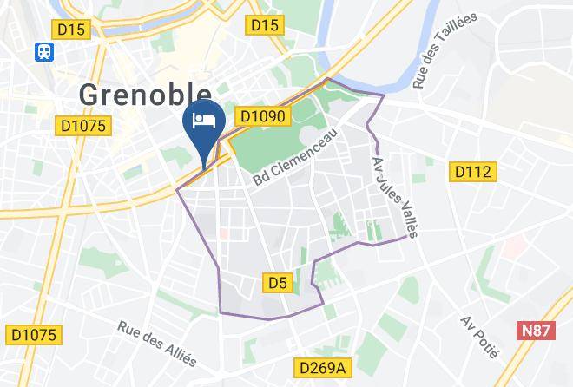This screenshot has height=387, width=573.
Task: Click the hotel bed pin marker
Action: pyautogui.click(x=205, y=121)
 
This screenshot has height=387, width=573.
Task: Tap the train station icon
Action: pyautogui.click(x=43, y=52)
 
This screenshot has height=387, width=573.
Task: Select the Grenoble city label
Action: pyautogui.click(x=145, y=94)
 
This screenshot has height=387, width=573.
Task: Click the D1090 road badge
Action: pyautogui.click(x=261, y=115)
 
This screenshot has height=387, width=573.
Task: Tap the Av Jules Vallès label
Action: pyautogui.click(x=395, y=196)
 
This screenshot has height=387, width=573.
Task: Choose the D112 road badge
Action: pyautogui.click(x=474, y=172)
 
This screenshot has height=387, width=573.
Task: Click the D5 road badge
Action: pyautogui.click(x=276, y=283)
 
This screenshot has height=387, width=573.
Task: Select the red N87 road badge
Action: pyautogui.click(x=539, y=331)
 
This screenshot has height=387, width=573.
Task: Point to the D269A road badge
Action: pyautogui.click(x=320, y=368)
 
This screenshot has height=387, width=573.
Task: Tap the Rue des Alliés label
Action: pyautogui.click(x=157, y=342)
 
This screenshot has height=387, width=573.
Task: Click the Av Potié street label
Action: pyautogui.click(x=480, y=338)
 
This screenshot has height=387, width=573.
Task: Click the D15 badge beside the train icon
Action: pyautogui.click(x=73, y=30)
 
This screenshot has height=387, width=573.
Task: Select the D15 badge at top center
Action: pyautogui.click(x=264, y=25)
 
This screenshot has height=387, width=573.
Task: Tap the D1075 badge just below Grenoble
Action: pyautogui.click(x=85, y=127)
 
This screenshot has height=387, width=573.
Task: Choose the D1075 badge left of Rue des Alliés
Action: pyautogui.click(x=35, y=334)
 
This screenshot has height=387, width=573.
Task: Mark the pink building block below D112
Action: pyautogui.click(x=514, y=246)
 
